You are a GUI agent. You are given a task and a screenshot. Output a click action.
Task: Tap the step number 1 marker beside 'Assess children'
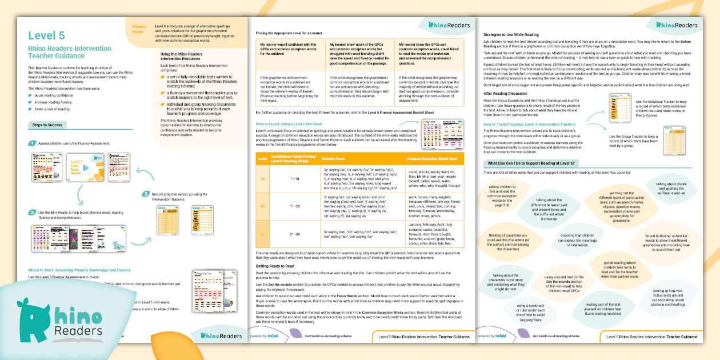[x=33, y=143]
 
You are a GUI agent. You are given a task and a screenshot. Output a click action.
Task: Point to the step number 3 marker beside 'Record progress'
[x=146, y=194]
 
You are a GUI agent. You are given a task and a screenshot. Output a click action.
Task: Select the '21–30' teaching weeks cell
[x=295, y=234]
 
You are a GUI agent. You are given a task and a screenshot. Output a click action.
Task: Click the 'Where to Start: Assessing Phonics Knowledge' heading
[x=79, y=270]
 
